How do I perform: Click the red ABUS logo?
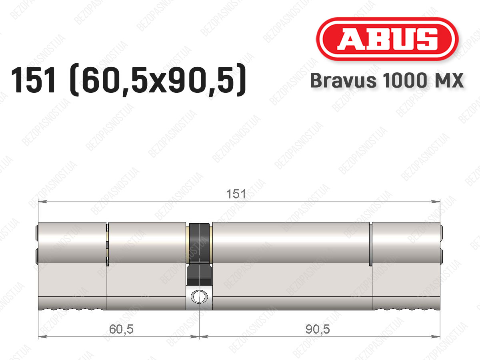[387, 39]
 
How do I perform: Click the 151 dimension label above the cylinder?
[236, 194]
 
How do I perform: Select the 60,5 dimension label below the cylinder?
[121, 329]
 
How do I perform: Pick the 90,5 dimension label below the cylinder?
[318, 329]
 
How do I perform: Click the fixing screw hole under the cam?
[199, 296]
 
